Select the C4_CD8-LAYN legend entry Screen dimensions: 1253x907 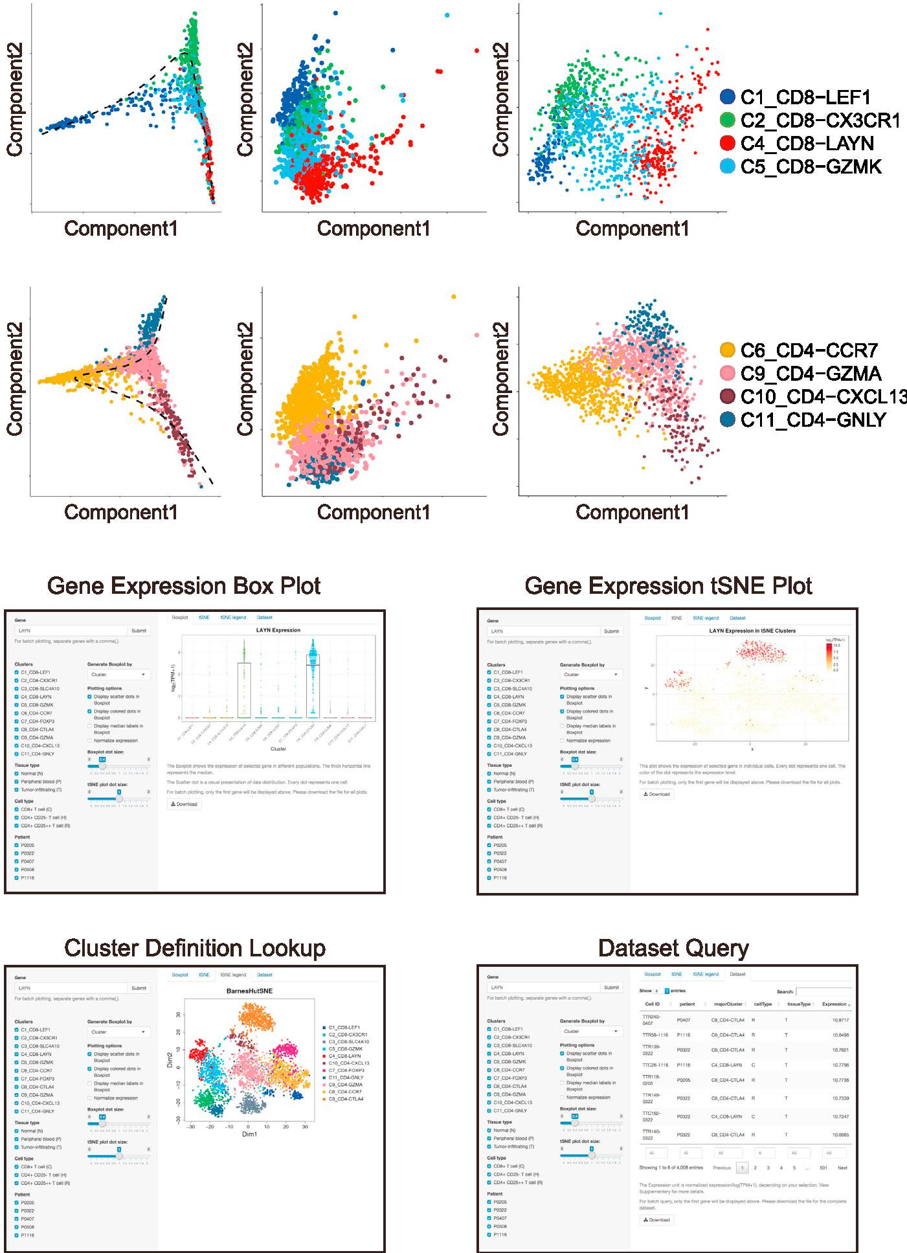807,143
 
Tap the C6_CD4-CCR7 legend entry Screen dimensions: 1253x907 809,350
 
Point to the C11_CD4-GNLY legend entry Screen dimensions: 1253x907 812,420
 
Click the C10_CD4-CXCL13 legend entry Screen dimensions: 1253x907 822,396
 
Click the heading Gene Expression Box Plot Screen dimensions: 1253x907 184,585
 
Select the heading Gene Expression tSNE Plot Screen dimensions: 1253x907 668,585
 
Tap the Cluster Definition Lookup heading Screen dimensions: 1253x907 194,948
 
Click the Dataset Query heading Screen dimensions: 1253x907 673,948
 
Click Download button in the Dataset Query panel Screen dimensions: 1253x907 657,1219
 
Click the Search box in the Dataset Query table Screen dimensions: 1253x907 823,991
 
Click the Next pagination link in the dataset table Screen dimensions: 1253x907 842,1168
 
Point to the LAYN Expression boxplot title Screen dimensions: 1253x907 277,629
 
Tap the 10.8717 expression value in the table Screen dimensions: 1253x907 839,1020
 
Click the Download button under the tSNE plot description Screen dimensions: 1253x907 657,794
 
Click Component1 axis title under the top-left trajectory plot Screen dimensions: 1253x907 120,228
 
